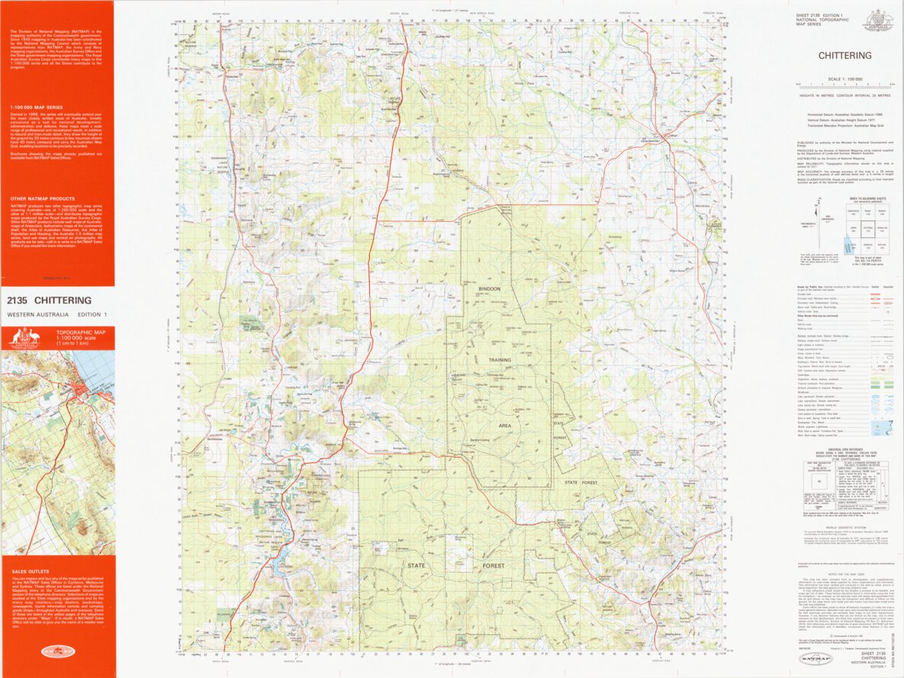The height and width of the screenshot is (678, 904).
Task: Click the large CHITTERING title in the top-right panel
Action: point(844,56)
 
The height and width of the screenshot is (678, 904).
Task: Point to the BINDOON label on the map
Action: point(489,289)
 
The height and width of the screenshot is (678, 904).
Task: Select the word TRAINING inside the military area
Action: point(500,359)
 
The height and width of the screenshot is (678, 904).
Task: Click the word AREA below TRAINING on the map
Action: point(504,425)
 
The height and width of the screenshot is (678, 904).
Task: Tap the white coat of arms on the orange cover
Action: point(27,339)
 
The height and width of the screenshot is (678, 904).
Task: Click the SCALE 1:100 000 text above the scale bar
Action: point(844,79)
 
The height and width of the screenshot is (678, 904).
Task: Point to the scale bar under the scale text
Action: point(844,85)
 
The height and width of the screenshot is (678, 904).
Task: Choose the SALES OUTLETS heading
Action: point(30,570)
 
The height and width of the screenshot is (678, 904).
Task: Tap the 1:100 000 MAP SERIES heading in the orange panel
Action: point(37,108)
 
